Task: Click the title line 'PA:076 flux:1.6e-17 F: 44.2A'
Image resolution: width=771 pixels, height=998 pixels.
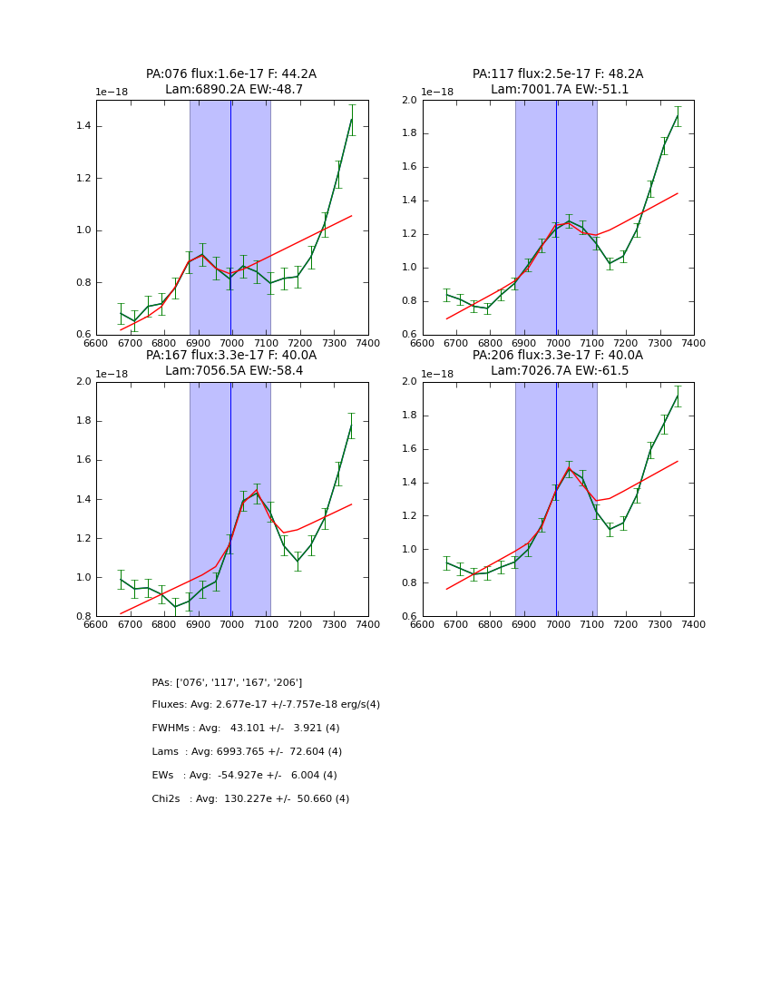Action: [x=231, y=74]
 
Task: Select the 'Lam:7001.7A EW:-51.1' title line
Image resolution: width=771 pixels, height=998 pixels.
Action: [x=558, y=90]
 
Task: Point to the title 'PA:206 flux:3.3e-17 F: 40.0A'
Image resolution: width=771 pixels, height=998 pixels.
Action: [x=558, y=356]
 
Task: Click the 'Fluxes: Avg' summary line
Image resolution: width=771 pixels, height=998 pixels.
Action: [x=266, y=705]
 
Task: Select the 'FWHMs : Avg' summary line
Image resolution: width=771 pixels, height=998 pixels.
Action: [x=246, y=729]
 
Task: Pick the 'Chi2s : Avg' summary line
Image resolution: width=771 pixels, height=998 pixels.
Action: [x=250, y=799]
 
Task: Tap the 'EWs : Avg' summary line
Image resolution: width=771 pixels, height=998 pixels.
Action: [x=244, y=776]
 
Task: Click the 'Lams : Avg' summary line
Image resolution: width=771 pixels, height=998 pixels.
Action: [x=247, y=752]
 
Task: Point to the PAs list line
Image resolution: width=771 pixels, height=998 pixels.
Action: [x=227, y=682]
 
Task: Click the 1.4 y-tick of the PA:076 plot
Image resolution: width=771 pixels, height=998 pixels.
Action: [x=83, y=125]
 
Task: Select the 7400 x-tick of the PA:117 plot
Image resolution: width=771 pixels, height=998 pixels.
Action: [x=694, y=343]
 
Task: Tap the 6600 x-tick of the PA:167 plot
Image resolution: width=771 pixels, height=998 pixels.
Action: [x=96, y=624]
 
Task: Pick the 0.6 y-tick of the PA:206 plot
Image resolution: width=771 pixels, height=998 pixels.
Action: [x=409, y=617]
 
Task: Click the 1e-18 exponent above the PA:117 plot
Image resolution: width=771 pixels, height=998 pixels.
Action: [x=438, y=93]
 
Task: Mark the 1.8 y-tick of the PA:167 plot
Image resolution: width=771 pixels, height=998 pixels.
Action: [x=83, y=421]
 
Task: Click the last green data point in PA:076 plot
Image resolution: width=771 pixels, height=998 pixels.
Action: [x=351, y=120]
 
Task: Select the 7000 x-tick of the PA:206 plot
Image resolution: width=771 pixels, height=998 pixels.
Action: [x=558, y=624]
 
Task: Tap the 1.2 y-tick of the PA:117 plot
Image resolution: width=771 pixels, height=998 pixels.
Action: [x=409, y=234]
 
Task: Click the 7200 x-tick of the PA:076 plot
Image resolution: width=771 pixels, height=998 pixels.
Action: [x=300, y=343]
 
